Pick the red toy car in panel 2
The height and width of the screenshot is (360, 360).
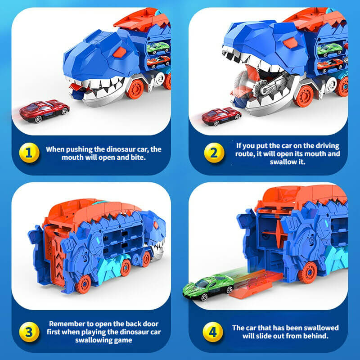pos(221,116)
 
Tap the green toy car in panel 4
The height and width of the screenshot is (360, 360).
pos(208,287)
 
